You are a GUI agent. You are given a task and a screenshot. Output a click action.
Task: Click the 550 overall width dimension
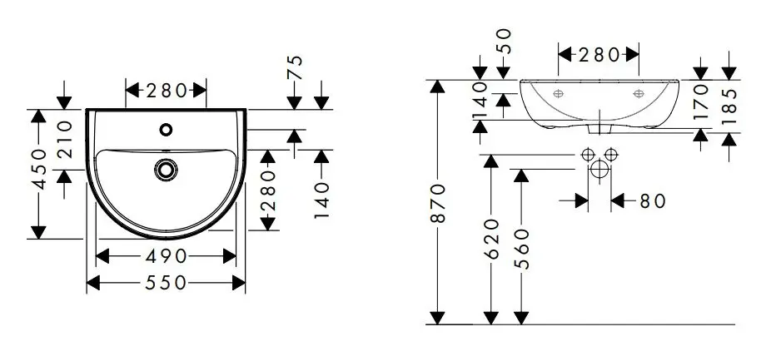click(166, 284)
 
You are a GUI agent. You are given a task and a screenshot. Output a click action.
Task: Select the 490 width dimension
click(166, 255)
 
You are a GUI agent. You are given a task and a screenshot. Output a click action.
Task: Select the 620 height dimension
click(490, 239)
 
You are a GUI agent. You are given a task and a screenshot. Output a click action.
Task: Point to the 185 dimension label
click(730, 106)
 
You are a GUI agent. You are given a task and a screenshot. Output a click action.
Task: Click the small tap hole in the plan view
click(166, 129)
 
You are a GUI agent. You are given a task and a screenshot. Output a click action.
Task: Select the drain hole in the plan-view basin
click(166, 169)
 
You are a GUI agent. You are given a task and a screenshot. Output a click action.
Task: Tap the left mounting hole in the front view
click(559, 92)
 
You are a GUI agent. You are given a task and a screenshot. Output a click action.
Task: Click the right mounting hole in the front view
click(639, 92)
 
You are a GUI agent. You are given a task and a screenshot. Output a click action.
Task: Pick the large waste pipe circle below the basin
click(599, 171)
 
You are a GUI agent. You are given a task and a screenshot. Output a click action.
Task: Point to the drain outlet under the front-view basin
click(599, 130)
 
